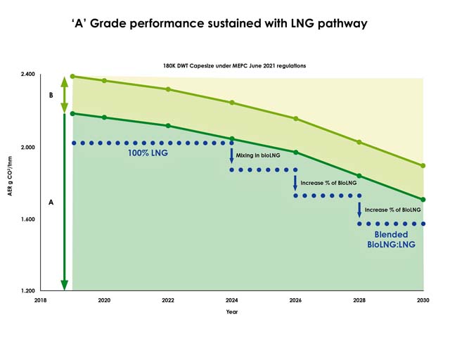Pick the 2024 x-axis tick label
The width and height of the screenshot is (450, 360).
[232, 300]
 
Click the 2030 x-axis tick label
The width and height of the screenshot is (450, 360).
[423, 300]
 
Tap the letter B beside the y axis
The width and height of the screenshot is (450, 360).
[51, 94]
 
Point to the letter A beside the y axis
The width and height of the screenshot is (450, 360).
[51, 202]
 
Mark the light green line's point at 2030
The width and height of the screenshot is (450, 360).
[423, 166]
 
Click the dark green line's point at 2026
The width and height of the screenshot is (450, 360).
[296, 152]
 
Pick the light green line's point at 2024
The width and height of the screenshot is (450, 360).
[232, 103]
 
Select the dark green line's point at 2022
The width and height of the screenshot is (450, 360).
[168, 126]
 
